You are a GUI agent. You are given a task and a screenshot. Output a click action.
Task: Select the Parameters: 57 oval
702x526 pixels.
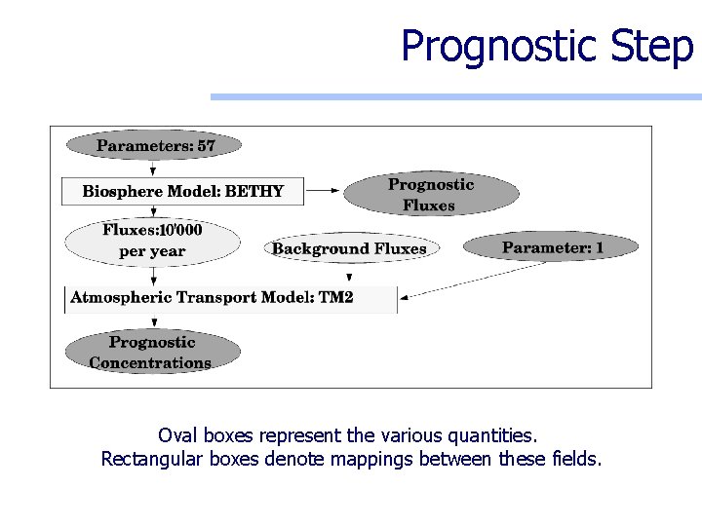click(154, 146)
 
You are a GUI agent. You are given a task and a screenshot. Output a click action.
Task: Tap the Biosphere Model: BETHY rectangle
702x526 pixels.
click(182, 191)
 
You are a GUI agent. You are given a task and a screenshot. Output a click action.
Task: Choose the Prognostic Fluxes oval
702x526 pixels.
click(430, 195)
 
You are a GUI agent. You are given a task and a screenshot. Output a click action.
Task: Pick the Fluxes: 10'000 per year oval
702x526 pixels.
click(152, 241)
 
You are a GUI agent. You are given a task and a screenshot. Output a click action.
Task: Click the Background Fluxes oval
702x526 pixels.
click(349, 248)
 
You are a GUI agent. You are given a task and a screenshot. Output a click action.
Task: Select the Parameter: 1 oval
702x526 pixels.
click(552, 247)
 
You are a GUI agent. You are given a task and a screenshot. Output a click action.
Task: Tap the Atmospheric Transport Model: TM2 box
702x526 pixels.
click(231, 298)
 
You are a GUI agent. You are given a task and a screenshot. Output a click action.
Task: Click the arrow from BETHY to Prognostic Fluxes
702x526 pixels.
click(323, 191)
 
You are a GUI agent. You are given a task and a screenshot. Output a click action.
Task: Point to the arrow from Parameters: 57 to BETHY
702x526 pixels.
click(154, 169)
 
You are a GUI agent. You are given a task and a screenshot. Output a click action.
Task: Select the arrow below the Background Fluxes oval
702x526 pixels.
click(349, 274)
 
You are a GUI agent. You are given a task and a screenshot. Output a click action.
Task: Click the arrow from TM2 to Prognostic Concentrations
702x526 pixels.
click(154, 321)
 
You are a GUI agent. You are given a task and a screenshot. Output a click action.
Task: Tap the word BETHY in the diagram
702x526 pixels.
click(254, 191)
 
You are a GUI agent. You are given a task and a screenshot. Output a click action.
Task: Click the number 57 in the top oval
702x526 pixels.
click(206, 146)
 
